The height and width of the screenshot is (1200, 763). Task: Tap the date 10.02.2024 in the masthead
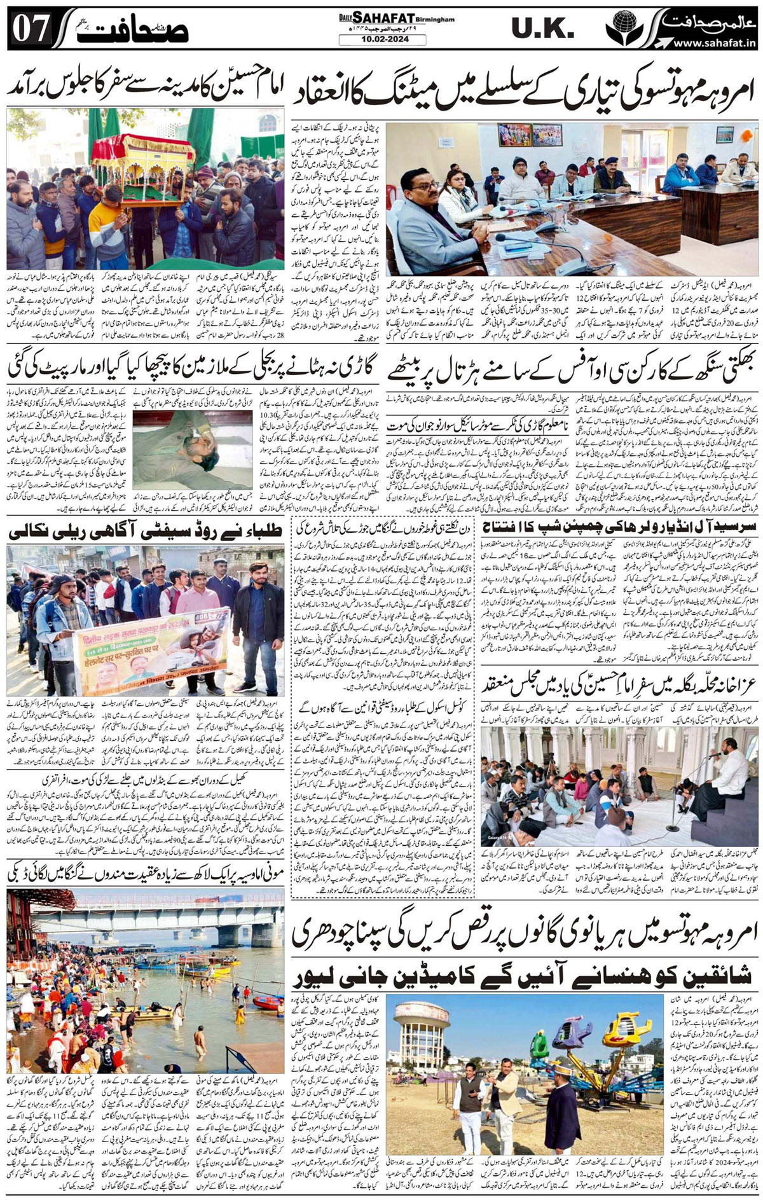(374, 39)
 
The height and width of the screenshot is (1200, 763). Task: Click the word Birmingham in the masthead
(437, 20)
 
